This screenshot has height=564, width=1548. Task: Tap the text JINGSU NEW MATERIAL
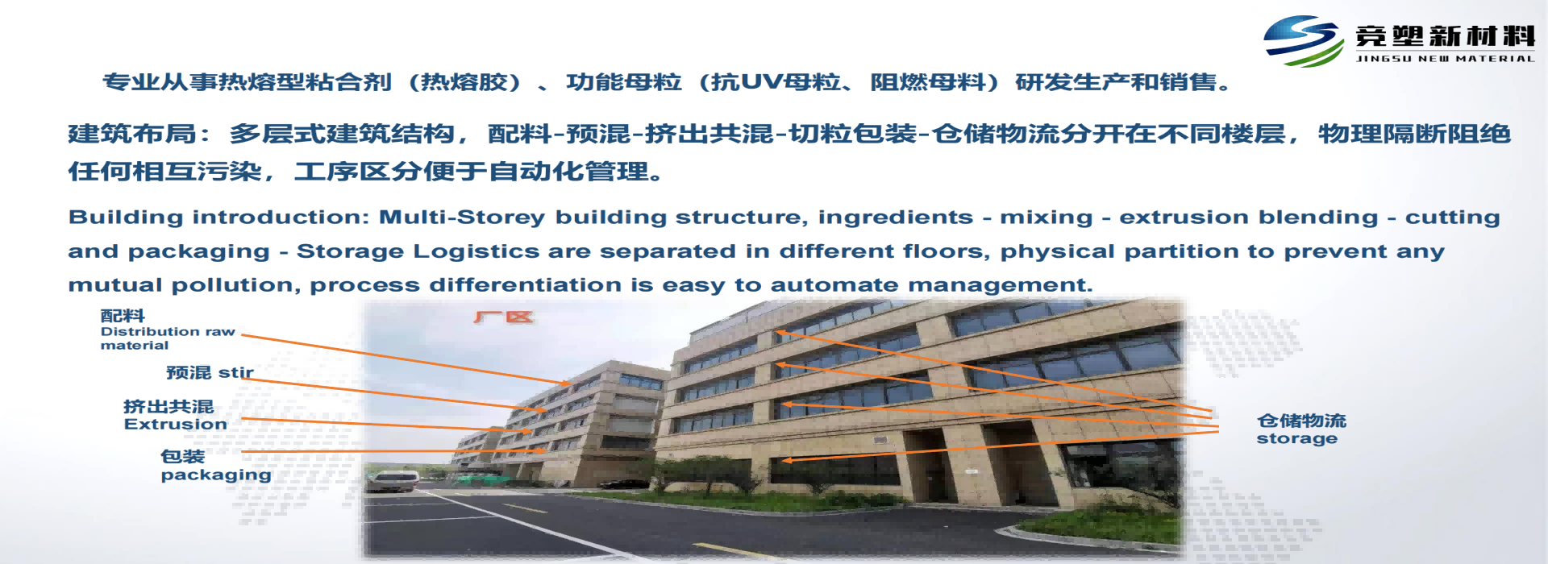pyautogui.click(x=1445, y=59)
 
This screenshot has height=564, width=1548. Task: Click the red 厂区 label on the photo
pyautogui.click(x=504, y=317)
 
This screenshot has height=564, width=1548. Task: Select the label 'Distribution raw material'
pyautogui.click(x=168, y=338)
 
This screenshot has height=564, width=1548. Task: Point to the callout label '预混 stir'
pyautogui.click(x=210, y=372)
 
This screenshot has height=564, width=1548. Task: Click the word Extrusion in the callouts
pyautogui.click(x=175, y=425)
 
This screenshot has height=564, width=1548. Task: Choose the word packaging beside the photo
pyautogui.click(x=215, y=475)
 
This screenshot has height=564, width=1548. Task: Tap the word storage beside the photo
pyautogui.click(x=1296, y=439)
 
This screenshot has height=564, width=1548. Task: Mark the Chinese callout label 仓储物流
pyautogui.click(x=1301, y=421)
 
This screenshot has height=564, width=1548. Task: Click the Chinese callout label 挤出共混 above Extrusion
pyautogui.click(x=169, y=406)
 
